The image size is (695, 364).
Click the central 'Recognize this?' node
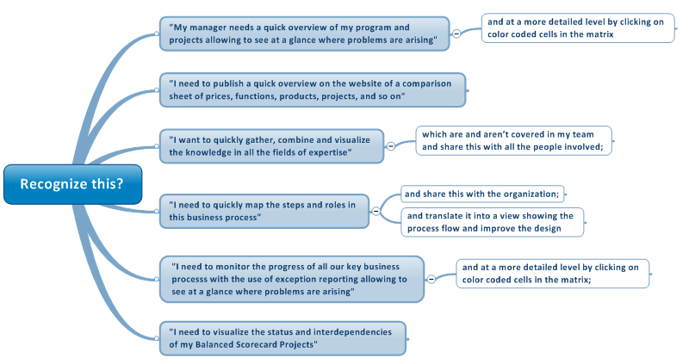[x=72, y=184]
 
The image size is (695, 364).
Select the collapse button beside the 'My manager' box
[x=456, y=34]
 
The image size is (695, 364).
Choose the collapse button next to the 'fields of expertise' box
[x=390, y=146]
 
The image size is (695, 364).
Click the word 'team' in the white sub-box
[x=583, y=134]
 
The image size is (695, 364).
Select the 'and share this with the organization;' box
[x=482, y=194]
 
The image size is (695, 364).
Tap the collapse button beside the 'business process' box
[x=375, y=211]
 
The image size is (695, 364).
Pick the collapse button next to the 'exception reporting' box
[x=431, y=279]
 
